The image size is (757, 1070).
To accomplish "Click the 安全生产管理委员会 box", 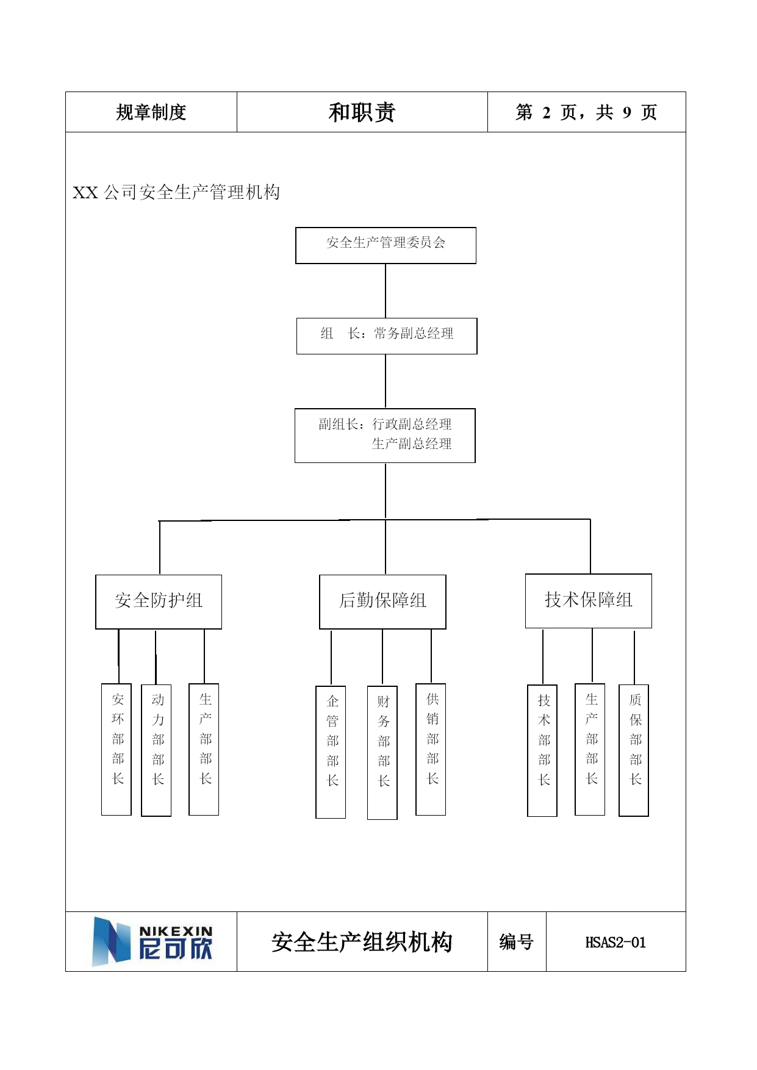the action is (x=386, y=245).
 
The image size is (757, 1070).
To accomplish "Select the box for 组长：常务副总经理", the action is (x=387, y=336).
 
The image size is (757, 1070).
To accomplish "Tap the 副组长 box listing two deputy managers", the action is (x=385, y=436).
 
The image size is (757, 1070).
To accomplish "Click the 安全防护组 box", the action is (x=159, y=601).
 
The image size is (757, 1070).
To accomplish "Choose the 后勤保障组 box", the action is (x=382, y=601).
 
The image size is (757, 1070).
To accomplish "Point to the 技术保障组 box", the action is (x=589, y=601).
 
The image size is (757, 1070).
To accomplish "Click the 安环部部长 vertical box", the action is (x=117, y=749).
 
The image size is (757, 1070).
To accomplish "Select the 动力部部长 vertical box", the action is (x=156, y=750).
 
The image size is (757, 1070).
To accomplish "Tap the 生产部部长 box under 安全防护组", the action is (x=204, y=749).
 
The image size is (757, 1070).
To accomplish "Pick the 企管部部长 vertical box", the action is (x=331, y=752).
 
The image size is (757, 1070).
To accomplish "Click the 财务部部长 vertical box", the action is (x=382, y=753).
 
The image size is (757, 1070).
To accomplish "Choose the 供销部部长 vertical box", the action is (x=431, y=749).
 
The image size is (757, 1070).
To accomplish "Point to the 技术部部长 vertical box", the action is (x=542, y=750).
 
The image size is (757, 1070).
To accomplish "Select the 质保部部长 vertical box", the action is (x=634, y=750).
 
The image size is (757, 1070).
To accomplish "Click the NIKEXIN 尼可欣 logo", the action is (x=152, y=941).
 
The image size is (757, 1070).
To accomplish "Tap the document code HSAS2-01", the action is (x=615, y=943).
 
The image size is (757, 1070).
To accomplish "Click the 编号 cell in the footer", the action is (x=517, y=942).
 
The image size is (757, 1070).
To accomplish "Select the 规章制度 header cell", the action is (x=151, y=112).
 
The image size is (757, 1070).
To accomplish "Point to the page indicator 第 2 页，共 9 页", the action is (x=586, y=112).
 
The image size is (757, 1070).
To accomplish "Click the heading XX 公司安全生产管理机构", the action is (x=176, y=192).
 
